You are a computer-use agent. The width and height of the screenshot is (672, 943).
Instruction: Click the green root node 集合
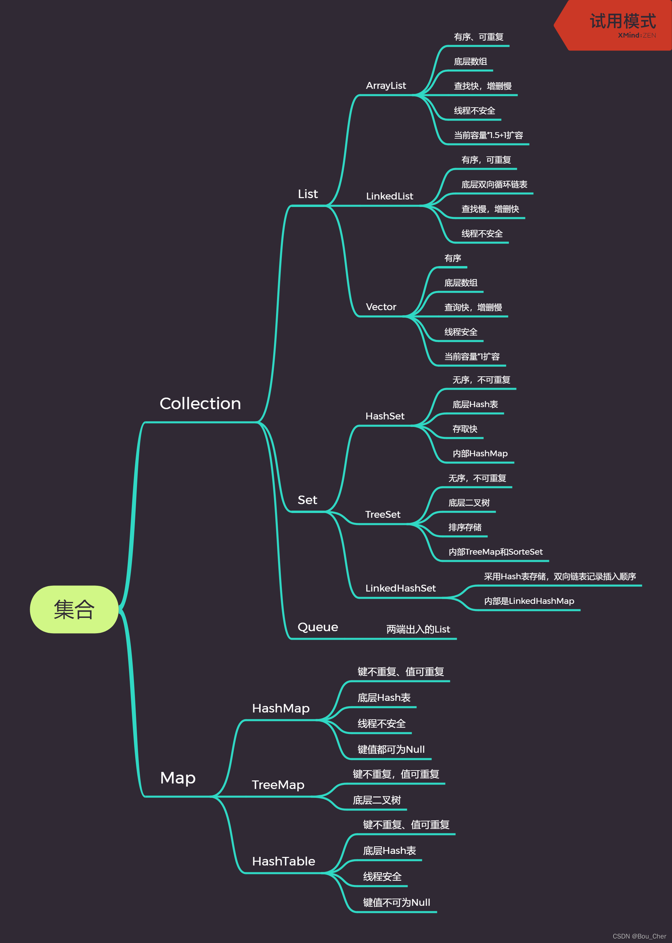[x=74, y=609]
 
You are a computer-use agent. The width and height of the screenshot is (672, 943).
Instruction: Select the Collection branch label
[x=200, y=404]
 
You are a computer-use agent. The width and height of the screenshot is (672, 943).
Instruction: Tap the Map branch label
[x=178, y=778]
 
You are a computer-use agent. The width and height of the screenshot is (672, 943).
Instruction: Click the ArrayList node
[x=386, y=86]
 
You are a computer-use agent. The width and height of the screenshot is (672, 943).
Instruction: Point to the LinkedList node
[x=389, y=196]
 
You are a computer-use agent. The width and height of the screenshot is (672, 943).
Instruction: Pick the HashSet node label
[x=385, y=416]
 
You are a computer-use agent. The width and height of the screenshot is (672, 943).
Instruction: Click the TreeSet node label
[x=383, y=514]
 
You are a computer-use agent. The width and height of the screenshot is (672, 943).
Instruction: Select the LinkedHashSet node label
[x=400, y=588]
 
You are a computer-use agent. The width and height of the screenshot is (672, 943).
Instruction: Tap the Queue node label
[x=318, y=627]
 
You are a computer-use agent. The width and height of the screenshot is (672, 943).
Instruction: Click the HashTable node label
[x=284, y=861]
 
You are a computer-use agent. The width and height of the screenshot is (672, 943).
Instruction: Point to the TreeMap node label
[x=278, y=785]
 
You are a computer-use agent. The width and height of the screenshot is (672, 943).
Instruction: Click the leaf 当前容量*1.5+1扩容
[x=488, y=135]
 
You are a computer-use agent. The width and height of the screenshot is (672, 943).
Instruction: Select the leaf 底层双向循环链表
[x=494, y=184]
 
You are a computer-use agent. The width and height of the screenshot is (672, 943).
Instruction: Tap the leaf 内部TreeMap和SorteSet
[x=495, y=552]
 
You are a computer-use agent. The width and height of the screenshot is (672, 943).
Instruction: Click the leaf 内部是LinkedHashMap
[x=529, y=601]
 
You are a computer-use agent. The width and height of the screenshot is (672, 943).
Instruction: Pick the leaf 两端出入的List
[x=418, y=629]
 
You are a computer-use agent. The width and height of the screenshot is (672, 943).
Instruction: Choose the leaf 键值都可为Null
[x=391, y=749]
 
